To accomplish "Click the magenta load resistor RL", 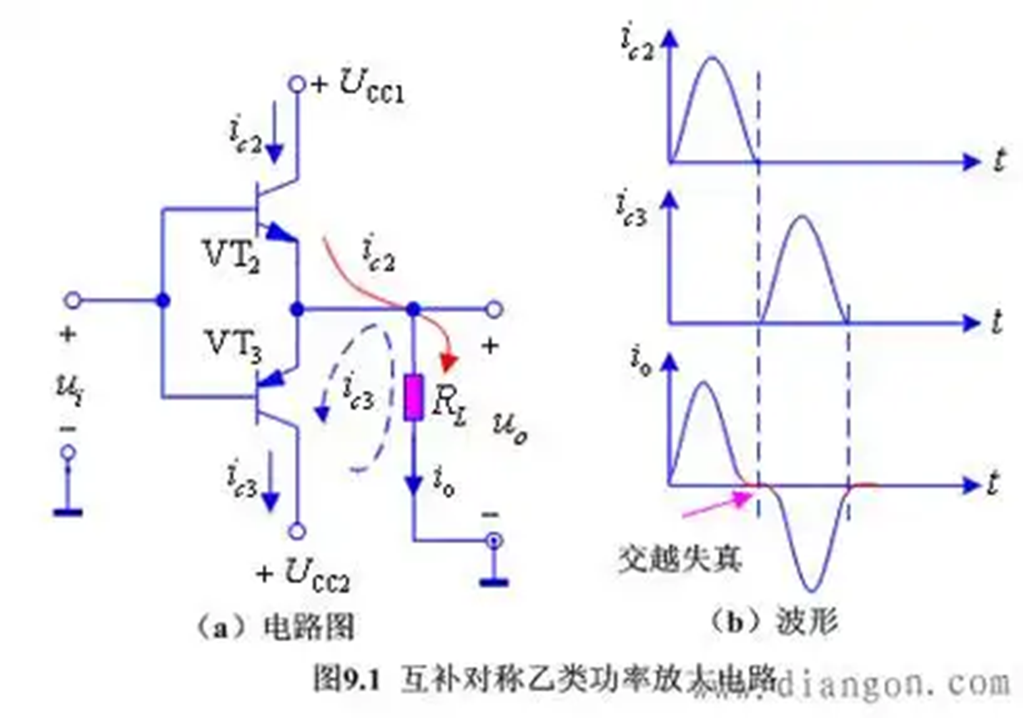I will tap(413, 398).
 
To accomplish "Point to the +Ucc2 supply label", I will tap(304, 575).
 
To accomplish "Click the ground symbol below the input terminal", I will tap(68, 511).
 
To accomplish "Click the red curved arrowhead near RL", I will tap(448, 363).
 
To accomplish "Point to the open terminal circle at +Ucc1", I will tap(296, 84).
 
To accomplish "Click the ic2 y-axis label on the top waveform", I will tap(637, 45).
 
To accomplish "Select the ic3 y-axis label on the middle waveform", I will tap(631, 207).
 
